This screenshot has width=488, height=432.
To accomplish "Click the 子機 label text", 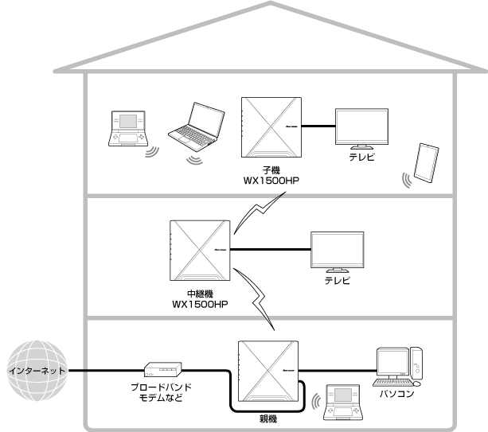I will (x=271, y=170).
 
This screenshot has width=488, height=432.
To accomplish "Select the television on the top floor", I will (x=362, y=127).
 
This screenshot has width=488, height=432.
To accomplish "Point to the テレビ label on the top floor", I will (x=362, y=158).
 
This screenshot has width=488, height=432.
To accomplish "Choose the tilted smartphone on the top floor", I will (x=427, y=165).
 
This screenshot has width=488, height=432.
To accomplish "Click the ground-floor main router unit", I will (x=268, y=370).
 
